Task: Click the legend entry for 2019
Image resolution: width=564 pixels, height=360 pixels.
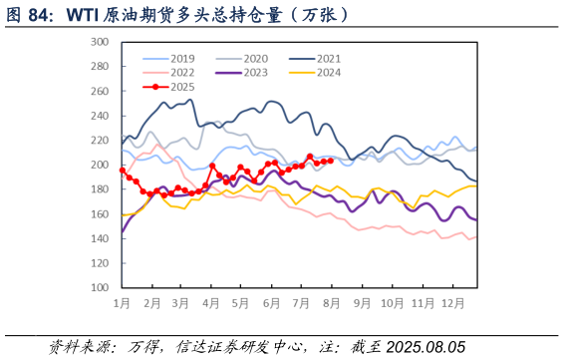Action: click(169, 59)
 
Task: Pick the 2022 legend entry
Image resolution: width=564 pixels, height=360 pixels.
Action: click(169, 73)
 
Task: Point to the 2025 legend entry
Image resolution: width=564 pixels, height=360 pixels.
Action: click(169, 87)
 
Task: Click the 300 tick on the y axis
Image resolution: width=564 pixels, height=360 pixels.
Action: click(99, 42)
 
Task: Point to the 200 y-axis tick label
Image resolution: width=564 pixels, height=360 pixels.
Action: click(99, 165)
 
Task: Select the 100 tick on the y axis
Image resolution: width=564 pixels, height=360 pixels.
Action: click(99, 287)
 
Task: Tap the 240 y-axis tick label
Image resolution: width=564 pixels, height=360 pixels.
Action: click(99, 116)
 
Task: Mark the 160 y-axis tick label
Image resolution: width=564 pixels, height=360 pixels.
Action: click(99, 213)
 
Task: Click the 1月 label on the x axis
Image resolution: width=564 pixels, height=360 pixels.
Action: click(122, 301)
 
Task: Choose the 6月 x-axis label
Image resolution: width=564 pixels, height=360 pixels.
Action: click(271, 301)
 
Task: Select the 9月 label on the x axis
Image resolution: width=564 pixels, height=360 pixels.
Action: click(361, 301)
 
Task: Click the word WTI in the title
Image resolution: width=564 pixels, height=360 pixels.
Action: click(84, 16)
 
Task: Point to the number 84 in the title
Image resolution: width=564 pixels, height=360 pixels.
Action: click(41, 16)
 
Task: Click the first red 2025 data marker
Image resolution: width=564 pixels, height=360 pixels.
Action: click(123, 171)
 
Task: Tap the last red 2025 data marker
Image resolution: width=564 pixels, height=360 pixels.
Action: click(330, 160)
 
